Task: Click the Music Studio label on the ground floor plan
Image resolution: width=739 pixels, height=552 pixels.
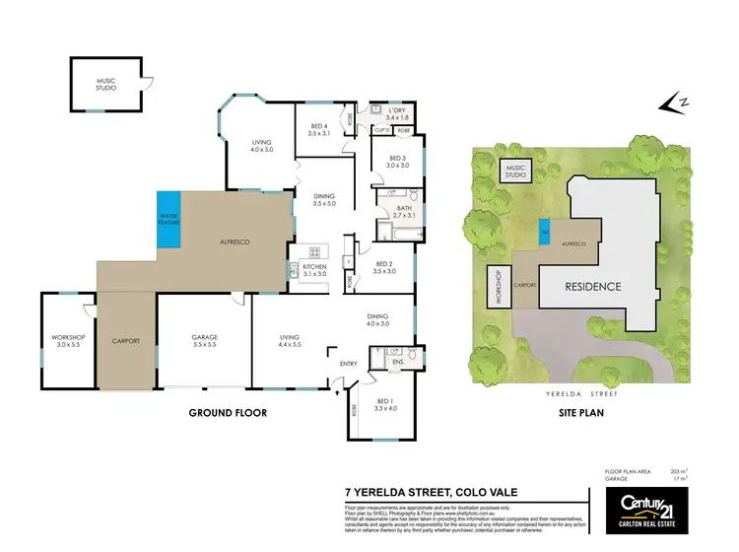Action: (106, 85)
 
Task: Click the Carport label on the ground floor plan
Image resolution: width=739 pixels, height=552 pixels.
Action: (126, 341)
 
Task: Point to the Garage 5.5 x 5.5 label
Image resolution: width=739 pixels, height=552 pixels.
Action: (204, 341)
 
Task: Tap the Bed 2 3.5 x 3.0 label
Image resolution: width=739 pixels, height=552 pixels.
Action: (385, 267)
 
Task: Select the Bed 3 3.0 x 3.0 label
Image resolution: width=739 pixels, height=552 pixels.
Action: (397, 162)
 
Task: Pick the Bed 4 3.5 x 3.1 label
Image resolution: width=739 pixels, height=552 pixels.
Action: (318, 129)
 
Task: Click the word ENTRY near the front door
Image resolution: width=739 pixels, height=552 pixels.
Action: (349, 364)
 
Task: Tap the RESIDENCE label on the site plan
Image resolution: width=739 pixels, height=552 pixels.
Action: (592, 287)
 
